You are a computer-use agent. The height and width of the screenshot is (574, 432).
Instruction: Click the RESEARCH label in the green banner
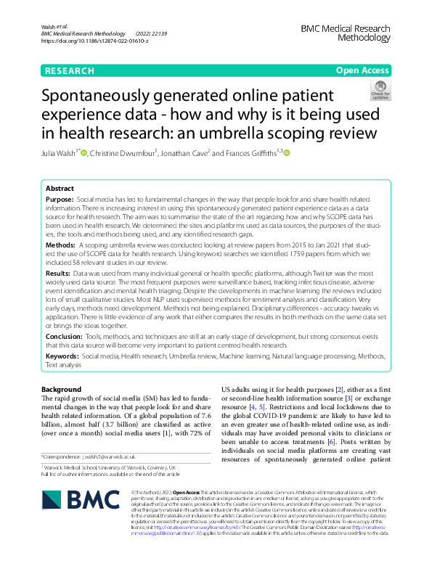pos(70,70)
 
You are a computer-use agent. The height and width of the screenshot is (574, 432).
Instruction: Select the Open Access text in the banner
pos(362,70)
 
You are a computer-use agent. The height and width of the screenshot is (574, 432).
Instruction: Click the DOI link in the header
pos(95,41)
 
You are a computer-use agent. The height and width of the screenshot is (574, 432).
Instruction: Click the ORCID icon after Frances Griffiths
pos(286,153)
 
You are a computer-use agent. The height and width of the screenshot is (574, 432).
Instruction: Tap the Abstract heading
pos(61,187)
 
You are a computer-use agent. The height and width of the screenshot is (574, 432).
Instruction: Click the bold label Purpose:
pos(60,199)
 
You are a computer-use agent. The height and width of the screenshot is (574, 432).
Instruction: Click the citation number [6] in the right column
pos(331,422)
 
